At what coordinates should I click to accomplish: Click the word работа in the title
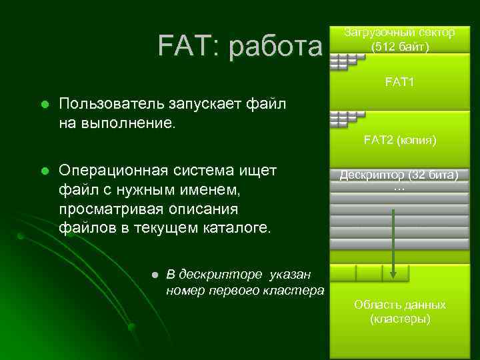(275, 47)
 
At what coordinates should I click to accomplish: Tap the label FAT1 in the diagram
(400, 83)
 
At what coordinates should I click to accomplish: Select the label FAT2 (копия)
(400, 140)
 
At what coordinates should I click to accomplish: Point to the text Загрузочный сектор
(400, 32)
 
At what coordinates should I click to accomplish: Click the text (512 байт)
(400, 47)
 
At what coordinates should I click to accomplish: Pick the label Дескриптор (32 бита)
(399, 175)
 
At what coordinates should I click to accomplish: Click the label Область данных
(400, 305)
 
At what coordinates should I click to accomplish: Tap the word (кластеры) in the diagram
(400, 319)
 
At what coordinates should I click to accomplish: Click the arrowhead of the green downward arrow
(394, 273)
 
